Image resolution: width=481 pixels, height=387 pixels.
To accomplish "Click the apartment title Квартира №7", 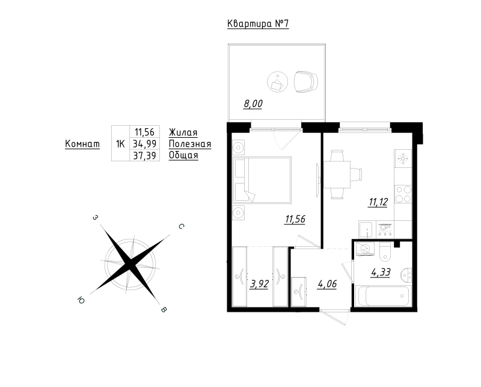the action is [x=258, y=24].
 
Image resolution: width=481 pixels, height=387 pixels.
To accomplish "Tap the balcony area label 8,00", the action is [x=253, y=104].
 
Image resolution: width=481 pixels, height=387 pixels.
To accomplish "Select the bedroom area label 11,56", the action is [x=295, y=219].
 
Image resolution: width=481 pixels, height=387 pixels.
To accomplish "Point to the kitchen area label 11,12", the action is [x=378, y=202].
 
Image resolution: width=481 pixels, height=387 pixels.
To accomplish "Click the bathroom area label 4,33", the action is [x=381, y=272].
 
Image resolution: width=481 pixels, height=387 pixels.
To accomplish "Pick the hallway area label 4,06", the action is [x=327, y=284].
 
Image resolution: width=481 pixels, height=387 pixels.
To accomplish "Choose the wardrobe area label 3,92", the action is [x=260, y=284].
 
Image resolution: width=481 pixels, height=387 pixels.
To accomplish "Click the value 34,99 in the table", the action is [x=144, y=143].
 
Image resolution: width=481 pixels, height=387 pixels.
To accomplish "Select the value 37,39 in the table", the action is [x=144, y=156].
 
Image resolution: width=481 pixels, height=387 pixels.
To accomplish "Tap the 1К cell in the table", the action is [x=121, y=143].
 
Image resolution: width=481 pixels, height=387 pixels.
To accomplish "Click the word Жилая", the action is [x=183, y=132].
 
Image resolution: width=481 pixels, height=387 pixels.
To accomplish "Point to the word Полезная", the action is [x=190, y=144].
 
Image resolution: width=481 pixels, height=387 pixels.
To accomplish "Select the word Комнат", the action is [x=82, y=144].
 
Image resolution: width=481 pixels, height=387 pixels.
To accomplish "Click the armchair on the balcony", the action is [x=306, y=82].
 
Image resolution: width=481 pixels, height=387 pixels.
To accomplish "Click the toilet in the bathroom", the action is [x=385, y=251].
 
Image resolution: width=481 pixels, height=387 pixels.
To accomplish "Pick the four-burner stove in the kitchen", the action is [x=403, y=194].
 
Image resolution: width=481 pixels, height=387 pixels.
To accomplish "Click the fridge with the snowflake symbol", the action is [x=403, y=158].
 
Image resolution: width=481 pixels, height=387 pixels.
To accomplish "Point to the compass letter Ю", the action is [x=81, y=300].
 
